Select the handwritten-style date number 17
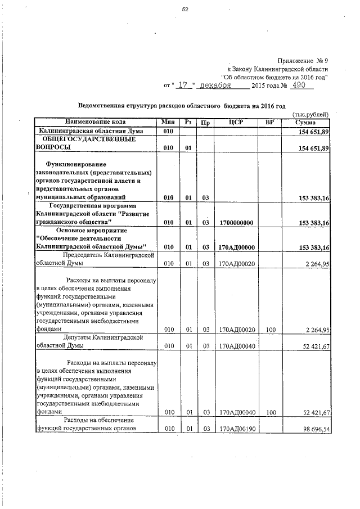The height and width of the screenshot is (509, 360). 182,85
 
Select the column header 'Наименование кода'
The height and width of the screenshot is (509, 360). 95,121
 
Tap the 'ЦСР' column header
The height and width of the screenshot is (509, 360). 236,121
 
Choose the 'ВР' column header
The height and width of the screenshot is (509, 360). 270,121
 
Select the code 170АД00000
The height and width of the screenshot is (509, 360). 236,247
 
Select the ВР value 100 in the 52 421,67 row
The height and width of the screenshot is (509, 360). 271,412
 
